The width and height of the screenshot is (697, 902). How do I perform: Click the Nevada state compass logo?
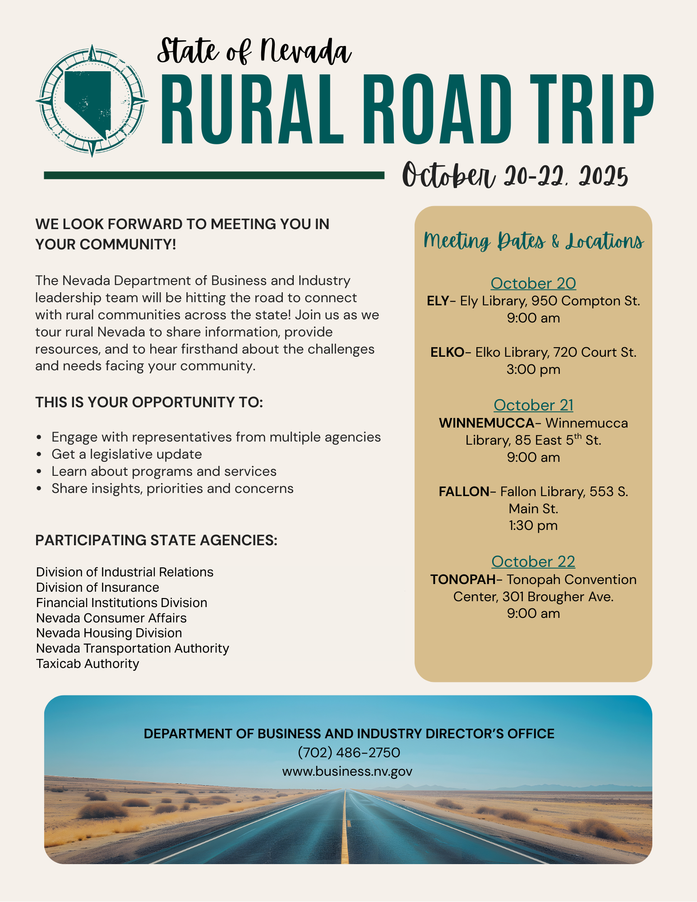(x=92, y=101)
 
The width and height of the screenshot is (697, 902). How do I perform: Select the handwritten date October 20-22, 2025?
(x=515, y=175)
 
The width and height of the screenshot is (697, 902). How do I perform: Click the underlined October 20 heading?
(x=533, y=283)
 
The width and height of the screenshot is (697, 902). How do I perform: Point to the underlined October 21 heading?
(x=533, y=405)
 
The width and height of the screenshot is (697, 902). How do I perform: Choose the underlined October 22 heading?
(x=533, y=561)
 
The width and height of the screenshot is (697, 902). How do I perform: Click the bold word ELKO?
(x=447, y=352)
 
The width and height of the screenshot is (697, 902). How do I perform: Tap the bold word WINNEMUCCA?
(x=486, y=423)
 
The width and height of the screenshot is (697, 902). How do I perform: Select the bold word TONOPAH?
(x=462, y=580)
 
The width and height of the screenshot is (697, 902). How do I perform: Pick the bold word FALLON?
(x=464, y=491)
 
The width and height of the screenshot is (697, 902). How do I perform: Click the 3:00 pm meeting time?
(x=533, y=369)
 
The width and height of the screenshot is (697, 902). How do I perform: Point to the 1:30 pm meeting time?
(x=533, y=525)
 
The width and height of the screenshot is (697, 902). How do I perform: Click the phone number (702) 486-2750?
(x=349, y=752)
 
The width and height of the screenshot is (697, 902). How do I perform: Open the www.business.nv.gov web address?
(x=347, y=771)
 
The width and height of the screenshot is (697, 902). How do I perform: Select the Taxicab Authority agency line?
(x=88, y=663)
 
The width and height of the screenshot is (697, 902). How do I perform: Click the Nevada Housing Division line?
(x=109, y=633)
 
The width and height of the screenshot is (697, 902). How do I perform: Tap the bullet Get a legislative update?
(x=127, y=454)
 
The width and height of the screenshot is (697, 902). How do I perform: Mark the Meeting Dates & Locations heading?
(x=533, y=241)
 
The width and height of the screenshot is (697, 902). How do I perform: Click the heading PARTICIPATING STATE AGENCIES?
(x=156, y=540)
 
